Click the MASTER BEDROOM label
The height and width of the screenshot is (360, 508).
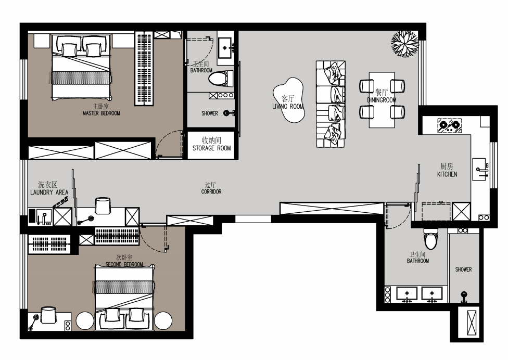[x=101, y=113]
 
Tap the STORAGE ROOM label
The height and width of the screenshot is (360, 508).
[x=211, y=148]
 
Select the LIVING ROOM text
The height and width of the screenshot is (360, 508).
[x=288, y=107]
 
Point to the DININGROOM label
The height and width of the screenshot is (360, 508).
[x=382, y=100]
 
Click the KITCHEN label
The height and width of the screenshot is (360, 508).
[x=447, y=174]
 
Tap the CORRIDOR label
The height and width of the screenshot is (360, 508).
[x=211, y=191]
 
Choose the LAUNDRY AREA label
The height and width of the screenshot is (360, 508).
[x=49, y=192]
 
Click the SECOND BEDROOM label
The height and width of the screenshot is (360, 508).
[x=124, y=264]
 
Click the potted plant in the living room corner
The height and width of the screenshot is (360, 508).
[x=404, y=44]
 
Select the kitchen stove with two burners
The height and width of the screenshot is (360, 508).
[x=449, y=125]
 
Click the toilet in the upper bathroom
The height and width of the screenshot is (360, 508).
[x=221, y=79]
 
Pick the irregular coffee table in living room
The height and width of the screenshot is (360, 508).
[x=288, y=100]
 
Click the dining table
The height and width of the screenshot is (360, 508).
[x=382, y=100]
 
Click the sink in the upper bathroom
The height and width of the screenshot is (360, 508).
[x=225, y=48]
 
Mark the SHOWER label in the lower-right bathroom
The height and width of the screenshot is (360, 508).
[x=463, y=269]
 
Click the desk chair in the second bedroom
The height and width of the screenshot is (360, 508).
[x=48, y=315]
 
